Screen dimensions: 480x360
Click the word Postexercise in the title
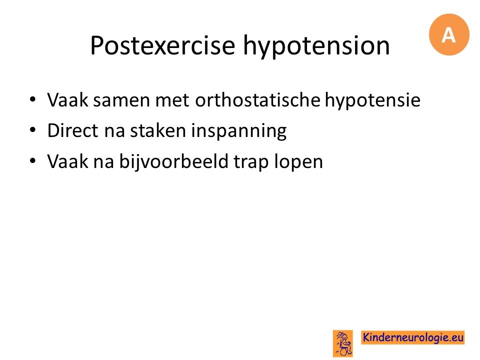pos(162,45)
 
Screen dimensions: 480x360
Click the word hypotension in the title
pos(316,45)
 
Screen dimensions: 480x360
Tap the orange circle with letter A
pos(449,34)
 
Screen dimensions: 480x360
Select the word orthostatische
pos(257,100)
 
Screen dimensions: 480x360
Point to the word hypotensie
pos(372,100)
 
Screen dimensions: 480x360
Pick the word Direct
pos(73,130)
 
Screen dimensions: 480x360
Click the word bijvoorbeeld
pos(174,162)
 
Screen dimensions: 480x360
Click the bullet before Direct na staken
pos(33,130)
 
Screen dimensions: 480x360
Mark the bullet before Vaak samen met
pos(33,99)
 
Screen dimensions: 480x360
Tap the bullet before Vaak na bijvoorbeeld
pos(33,161)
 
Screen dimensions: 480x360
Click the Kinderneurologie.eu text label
pos(412,337)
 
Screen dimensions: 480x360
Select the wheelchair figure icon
pos(343,343)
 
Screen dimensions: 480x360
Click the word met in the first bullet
pos(172,100)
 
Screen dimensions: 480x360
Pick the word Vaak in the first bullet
pos(67,100)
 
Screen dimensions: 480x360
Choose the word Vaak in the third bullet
pos(67,161)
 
